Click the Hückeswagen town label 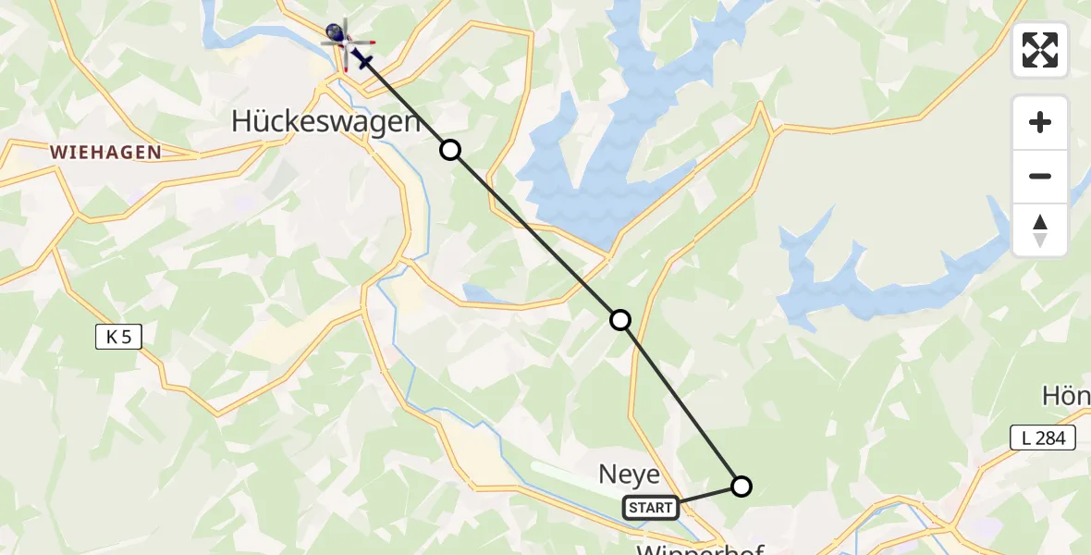click(325, 120)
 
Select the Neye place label click(630, 475)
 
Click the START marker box click(650, 508)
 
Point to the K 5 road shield click(118, 338)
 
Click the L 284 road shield click(1043, 438)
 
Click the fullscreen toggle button click(1040, 50)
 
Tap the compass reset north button click(1040, 230)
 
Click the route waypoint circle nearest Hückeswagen click(449, 150)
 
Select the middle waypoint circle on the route click(620, 320)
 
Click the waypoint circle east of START click(742, 486)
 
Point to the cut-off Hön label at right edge click(1067, 397)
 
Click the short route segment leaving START click(710, 495)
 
